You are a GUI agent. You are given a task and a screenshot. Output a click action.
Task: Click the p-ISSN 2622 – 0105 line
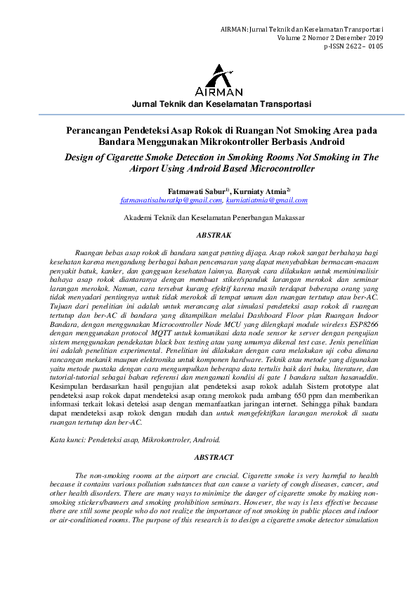click(x=353, y=46)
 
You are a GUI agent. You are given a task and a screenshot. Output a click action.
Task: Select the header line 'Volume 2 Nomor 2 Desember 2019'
click(x=330, y=37)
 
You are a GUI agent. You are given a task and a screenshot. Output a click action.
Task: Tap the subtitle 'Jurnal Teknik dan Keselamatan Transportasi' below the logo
click(x=221, y=104)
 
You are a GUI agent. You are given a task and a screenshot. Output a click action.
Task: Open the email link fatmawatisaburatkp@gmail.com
click(x=171, y=200)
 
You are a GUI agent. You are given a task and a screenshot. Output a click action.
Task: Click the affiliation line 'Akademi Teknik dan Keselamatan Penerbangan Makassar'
click(x=214, y=219)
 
